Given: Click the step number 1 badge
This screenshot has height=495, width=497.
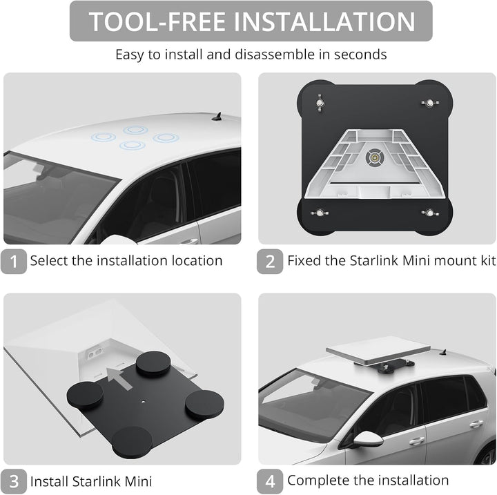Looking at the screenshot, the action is (x=14, y=261).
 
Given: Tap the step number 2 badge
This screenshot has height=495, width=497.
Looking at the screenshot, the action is (x=270, y=261).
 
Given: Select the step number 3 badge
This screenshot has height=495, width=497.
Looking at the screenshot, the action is (x=14, y=481).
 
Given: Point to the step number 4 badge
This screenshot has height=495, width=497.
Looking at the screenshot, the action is (x=270, y=481).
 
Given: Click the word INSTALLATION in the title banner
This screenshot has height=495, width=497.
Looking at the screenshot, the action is (x=324, y=21).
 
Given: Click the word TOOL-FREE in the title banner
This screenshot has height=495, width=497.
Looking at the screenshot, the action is (x=157, y=21).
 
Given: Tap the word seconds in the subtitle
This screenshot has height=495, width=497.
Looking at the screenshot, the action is (x=360, y=55).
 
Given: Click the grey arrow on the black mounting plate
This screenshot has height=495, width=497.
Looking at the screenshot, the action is (x=119, y=378).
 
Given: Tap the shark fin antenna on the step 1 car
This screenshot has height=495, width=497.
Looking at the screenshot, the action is (x=217, y=117).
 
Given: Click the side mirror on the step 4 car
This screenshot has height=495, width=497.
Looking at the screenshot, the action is (x=367, y=439).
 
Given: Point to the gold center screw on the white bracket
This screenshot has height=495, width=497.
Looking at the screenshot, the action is (x=375, y=157).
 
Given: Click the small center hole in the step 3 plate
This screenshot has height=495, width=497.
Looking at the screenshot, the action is (x=144, y=402).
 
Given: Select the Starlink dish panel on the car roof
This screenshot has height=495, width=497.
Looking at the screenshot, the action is (x=378, y=351).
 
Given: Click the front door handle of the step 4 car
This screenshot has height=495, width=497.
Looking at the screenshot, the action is (x=417, y=440).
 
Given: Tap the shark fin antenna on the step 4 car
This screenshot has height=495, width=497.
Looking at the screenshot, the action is (x=444, y=352).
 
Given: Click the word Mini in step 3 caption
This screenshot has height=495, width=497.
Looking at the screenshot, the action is (x=138, y=481).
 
